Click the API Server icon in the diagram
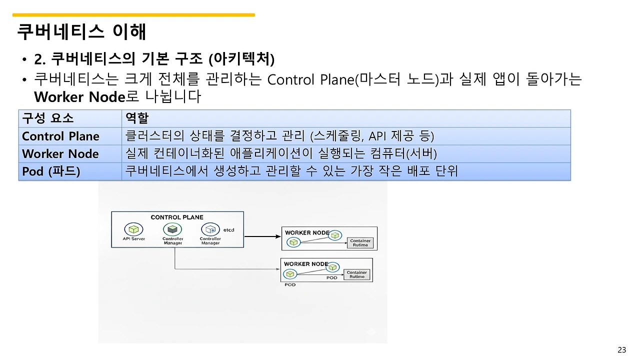pyautogui.click(x=133, y=229)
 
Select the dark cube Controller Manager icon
pyautogui.click(x=172, y=229)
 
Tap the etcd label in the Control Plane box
pyautogui.click(x=228, y=230)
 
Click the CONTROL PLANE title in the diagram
pyautogui.click(x=177, y=217)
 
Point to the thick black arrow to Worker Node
pyautogui.click(x=262, y=236)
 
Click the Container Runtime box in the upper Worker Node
pyautogui.click(x=360, y=243)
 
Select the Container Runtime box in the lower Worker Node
pyautogui.click(x=357, y=274)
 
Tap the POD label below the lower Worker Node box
pyautogui.click(x=290, y=284)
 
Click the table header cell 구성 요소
pyautogui.click(x=48, y=118)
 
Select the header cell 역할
pyautogui.click(x=137, y=118)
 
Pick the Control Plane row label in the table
pyautogui.click(x=60, y=136)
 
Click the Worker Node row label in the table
pyautogui.click(x=60, y=153)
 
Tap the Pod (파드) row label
pyautogui.click(x=51, y=171)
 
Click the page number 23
pyautogui.click(x=622, y=349)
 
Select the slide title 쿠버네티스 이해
pyautogui.click(x=81, y=31)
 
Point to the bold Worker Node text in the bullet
pyautogui.click(x=78, y=96)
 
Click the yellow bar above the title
pyautogui.click(x=133, y=15)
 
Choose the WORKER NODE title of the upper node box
pyautogui.click(x=307, y=232)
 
